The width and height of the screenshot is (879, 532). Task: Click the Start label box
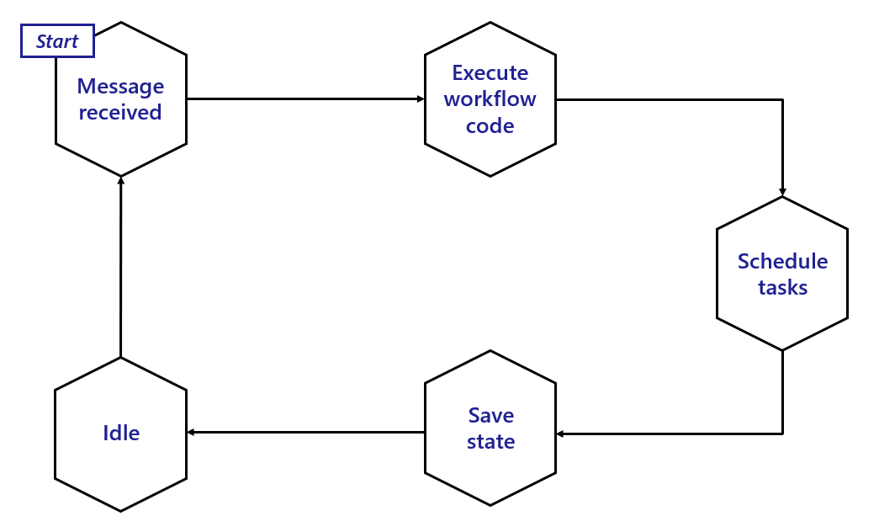point(57,41)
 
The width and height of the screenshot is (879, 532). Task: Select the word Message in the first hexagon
point(120,86)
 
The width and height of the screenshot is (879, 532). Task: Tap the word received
point(120,112)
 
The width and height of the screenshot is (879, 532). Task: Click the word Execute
point(490,72)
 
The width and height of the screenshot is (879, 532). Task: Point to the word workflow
point(490,99)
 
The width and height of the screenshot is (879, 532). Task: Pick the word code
point(490,126)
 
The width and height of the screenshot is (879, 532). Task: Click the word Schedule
point(782,261)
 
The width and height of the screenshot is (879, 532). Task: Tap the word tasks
point(782,288)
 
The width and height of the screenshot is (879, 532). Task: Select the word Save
point(490,415)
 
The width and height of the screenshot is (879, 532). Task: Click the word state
point(490,442)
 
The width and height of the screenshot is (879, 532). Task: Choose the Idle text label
point(121,434)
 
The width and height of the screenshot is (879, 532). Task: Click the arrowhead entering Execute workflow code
point(421,99)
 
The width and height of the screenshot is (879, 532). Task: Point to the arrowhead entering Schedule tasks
point(782,192)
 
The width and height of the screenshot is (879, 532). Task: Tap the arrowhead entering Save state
point(561,434)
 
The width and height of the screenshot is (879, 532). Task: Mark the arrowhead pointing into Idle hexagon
point(191,433)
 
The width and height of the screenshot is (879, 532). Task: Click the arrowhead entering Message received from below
point(121,181)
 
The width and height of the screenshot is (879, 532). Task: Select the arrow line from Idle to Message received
point(121,269)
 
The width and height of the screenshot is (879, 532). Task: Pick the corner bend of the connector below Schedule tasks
point(782,434)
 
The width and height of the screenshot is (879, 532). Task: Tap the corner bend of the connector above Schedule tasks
point(782,99)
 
